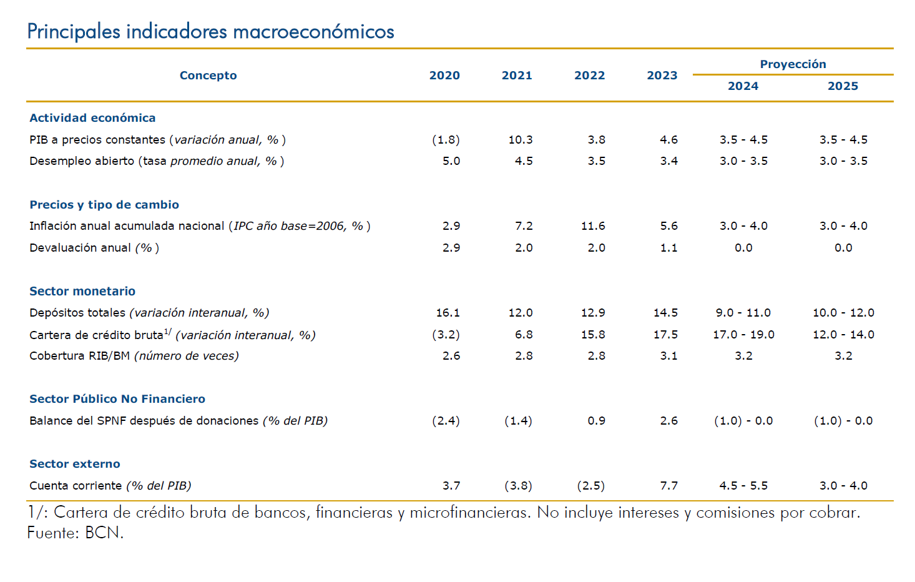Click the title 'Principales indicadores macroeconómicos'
(210, 31)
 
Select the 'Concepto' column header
(208, 76)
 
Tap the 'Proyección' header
(793, 64)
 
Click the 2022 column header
(589, 76)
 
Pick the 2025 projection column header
(843, 86)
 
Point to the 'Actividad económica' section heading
(92, 118)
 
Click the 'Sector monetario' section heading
(82, 291)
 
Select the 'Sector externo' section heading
(75, 464)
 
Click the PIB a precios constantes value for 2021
(520, 140)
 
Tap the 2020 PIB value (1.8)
(446, 140)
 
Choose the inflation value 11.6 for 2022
(593, 226)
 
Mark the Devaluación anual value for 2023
(668, 248)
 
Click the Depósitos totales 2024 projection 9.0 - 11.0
(743, 313)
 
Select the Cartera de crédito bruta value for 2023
(665, 335)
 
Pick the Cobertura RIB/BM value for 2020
(451, 356)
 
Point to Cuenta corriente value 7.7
(668, 486)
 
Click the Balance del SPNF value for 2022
(596, 421)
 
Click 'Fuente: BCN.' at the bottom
(76, 533)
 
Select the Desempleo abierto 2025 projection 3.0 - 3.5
(843, 161)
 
